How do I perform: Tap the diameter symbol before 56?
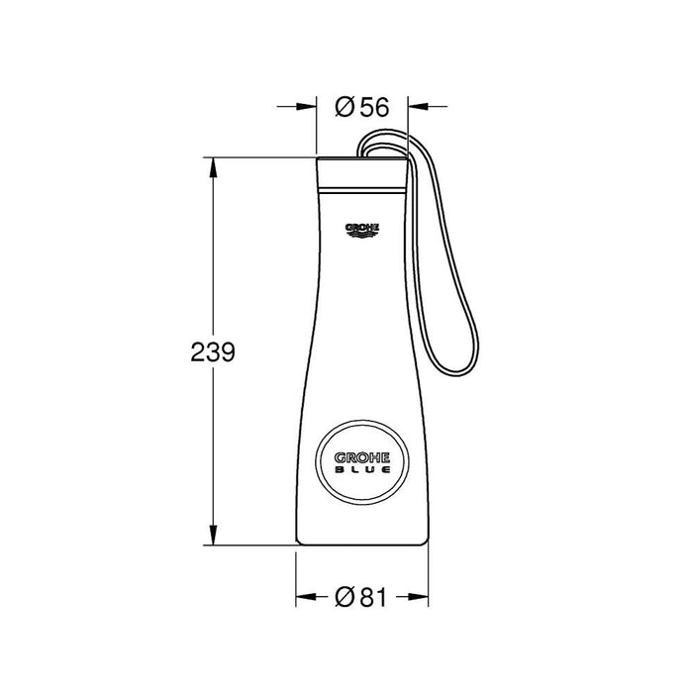coord(344,107)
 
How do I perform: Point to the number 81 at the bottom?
coord(372,597)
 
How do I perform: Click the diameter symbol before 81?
coord(344,597)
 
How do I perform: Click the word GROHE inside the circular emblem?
coord(361,457)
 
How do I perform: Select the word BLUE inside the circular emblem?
coord(361,472)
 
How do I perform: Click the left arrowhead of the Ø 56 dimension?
coord(308,107)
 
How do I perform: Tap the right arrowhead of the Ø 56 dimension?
coord(417,107)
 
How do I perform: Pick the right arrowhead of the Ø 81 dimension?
coord(421,597)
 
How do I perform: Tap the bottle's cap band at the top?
coord(361,173)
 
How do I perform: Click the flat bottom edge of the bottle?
coord(361,544)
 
